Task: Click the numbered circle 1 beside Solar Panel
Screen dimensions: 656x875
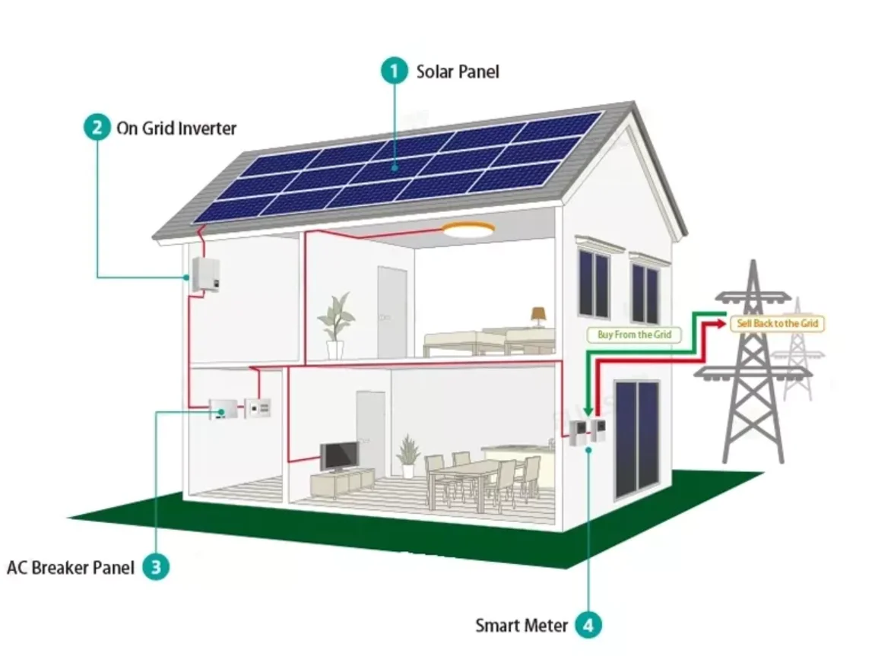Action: coord(394,71)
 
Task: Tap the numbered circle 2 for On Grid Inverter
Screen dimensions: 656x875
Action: coord(97,127)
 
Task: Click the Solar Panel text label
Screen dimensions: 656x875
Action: coord(458,71)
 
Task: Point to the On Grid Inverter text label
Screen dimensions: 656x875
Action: coord(176,128)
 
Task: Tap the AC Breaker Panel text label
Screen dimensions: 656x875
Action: coord(71,566)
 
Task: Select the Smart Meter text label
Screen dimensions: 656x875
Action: coord(522,626)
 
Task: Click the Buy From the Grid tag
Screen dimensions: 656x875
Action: coord(634,334)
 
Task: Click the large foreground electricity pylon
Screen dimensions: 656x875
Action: coord(751,365)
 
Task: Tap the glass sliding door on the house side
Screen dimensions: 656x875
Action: coord(637,437)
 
